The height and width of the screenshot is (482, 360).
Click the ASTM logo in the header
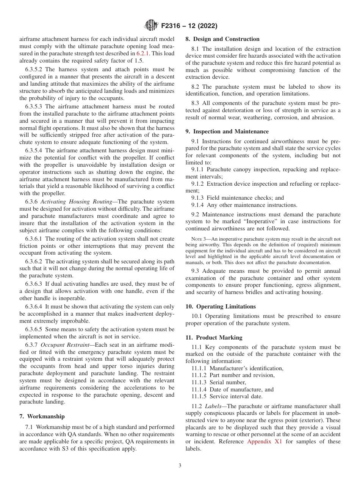tap(151, 26)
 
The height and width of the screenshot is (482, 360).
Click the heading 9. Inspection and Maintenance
tap(227, 131)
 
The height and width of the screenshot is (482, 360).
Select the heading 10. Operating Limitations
tap(221, 307)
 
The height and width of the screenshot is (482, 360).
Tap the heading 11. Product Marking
tap(214, 338)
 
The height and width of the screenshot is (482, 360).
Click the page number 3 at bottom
tap(180, 466)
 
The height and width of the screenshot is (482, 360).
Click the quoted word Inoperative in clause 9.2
tap(239, 221)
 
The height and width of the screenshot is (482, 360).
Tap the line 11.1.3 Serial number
tap(219, 382)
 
